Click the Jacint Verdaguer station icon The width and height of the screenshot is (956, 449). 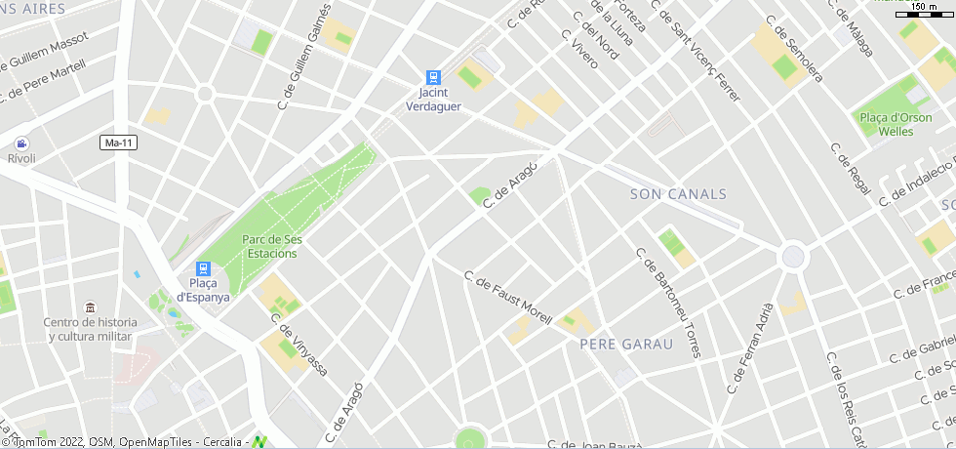click(x=433, y=77)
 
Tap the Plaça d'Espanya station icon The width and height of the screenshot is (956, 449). click(x=203, y=268)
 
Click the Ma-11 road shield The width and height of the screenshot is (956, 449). click(x=118, y=143)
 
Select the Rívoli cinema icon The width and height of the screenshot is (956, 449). click(x=21, y=143)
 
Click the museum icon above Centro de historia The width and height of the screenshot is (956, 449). click(x=90, y=307)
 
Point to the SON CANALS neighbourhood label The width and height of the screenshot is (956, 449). click(x=678, y=194)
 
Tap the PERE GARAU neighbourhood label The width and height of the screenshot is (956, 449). click(x=626, y=345)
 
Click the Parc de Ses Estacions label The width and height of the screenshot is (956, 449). click(x=270, y=246)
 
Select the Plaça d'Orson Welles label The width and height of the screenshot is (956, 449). click(x=896, y=124)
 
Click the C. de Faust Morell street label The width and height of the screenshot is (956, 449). click(x=507, y=298)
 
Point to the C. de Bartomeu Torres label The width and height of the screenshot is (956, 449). click(x=668, y=303)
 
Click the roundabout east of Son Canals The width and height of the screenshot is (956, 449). click(x=793, y=257)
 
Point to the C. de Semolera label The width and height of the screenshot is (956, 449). click(x=793, y=49)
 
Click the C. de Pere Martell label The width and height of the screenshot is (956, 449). click(x=44, y=79)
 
